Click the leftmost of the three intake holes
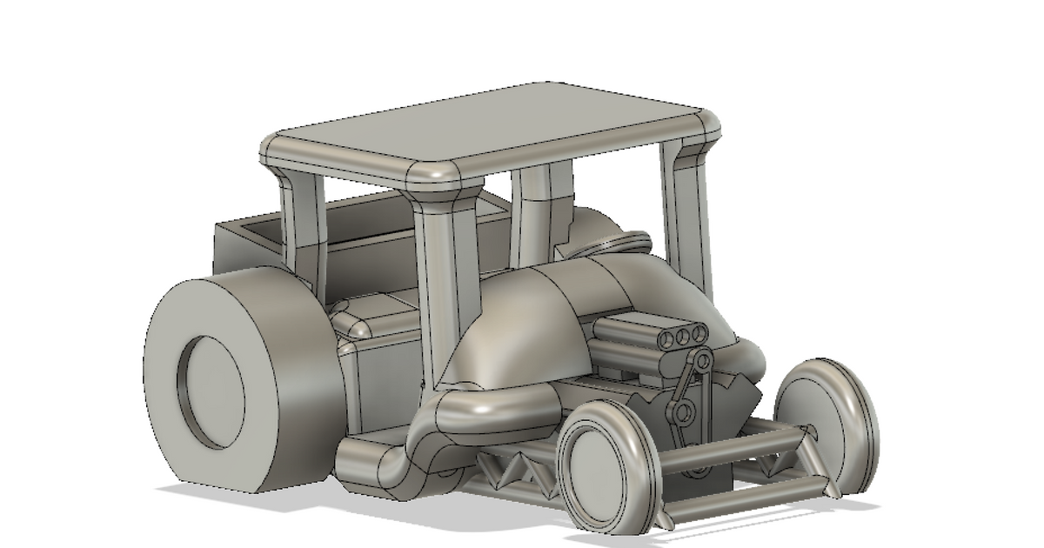(x=666, y=337)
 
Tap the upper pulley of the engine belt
(x=702, y=360)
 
